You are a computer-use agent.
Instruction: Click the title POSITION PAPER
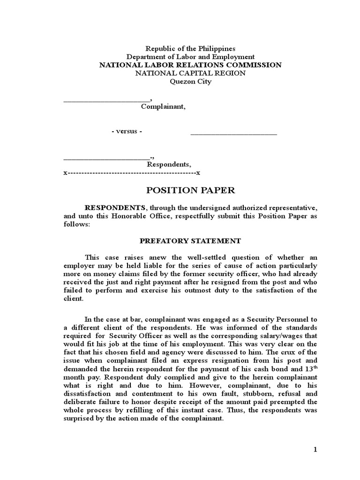tap(190, 190)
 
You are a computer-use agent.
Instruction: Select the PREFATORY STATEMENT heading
tap(190, 241)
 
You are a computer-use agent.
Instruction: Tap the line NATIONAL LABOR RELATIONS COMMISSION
tap(190, 65)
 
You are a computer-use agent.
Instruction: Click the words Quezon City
tap(190, 82)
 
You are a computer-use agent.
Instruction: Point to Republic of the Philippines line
tap(190, 49)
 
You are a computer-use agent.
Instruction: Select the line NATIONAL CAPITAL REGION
tap(190, 73)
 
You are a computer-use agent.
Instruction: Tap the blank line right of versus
tap(233, 133)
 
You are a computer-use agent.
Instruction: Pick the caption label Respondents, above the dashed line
tap(169, 165)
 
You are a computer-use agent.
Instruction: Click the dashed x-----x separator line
tap(132, 173)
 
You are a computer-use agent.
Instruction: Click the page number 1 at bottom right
tap(315, 450)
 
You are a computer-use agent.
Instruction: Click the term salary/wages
tap(275, 336)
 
